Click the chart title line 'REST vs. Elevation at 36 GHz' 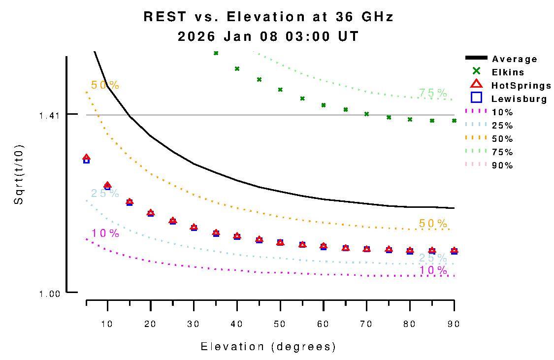click(x=268, y=17)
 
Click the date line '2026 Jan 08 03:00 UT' click(x=268, y=37)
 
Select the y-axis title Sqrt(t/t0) click(x=18, y=175)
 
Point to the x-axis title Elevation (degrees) click(x=268, y=347)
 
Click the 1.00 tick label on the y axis click(x=50, y=294)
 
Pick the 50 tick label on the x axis click(x=280, y=324)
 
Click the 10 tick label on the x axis click(x=107, y=324)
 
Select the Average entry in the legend click(x=514, y=59)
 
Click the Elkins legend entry click(x=508, y=72)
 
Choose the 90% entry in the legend click(x=502, y=165)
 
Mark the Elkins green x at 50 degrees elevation click(x=280, y=90)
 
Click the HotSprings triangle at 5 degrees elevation click(x=86, y=158)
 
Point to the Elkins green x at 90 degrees click(x=454, y=120)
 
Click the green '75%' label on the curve click(x=433, y=93)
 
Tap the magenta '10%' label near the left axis click(x=105, y=233)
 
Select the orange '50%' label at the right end click(x=433, y=224)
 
